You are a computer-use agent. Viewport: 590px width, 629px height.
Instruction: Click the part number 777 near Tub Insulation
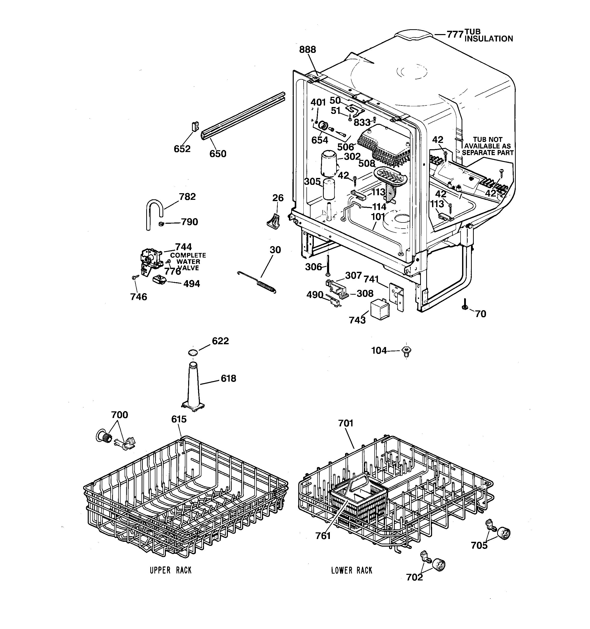(455, 34)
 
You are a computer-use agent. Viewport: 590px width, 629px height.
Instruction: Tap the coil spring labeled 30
(266, 285)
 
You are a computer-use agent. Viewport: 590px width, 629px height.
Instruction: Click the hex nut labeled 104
(406, 351)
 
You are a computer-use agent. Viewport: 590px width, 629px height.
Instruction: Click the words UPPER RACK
(171, 570)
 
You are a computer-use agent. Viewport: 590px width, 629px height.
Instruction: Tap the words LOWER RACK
(351, 570)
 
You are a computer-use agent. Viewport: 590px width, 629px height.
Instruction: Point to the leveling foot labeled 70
(465, 305)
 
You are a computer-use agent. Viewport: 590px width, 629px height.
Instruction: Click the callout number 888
(307, 50)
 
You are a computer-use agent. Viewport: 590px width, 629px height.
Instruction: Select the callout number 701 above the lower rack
(345, 423)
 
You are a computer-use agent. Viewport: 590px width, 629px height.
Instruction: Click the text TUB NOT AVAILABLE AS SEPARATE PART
(488, 146)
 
